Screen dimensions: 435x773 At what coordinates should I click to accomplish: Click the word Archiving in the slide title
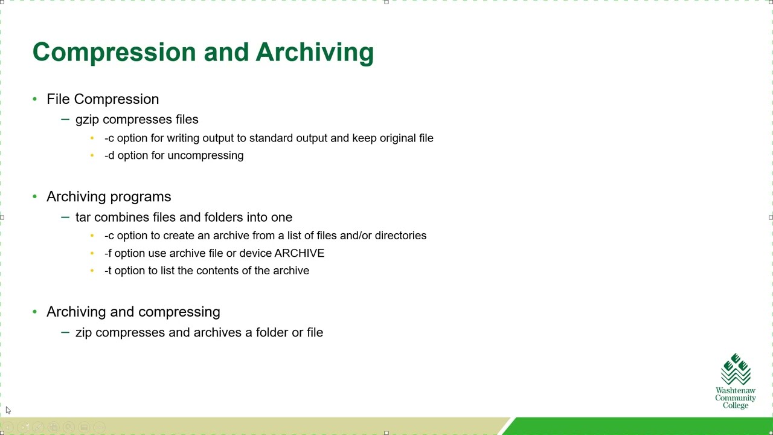coord(314,53)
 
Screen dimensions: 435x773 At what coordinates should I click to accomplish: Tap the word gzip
coord(87,120)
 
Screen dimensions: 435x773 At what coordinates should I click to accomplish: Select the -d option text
coord(109,155)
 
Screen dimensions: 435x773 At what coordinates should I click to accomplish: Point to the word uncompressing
coord(205,155)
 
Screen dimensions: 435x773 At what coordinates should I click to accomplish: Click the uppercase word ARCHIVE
coord(300,253)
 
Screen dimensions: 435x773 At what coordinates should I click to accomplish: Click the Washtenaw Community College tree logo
coord(736,369)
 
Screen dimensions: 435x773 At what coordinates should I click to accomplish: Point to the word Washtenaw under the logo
coord(736,391)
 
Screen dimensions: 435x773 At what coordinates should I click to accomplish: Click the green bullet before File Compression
coord(34,98)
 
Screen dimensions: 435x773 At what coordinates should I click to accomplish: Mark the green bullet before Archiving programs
coord(34,196)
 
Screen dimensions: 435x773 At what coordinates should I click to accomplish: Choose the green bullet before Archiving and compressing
coord(34,312)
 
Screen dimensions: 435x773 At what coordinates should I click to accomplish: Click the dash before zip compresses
coord(65,332)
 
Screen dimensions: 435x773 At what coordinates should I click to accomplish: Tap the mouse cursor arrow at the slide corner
coord(8,410)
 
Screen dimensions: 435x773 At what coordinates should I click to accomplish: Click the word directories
coord(400,236)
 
